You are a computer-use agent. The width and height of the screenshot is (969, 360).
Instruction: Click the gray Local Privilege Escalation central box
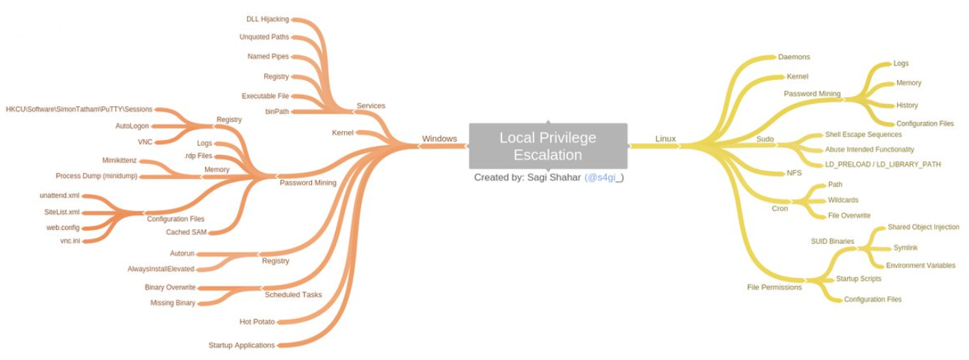pos(548,146)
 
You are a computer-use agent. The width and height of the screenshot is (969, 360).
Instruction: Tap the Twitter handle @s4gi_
pos(604,177)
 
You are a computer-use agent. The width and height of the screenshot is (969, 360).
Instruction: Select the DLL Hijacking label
pos(267,19)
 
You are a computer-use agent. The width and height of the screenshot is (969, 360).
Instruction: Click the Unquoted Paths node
pos(263,37)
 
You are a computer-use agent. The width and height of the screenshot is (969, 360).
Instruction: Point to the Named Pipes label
pos(267,56)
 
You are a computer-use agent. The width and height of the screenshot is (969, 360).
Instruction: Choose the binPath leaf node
pos(276,112)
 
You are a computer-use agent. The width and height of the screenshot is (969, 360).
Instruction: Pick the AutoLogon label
pos(134,126)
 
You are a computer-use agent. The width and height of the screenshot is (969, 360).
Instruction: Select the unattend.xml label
pos(59,195)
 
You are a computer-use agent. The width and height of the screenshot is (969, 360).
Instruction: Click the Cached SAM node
pos(186,232)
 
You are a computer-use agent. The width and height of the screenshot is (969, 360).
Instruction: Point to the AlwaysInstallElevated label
pos(161,269)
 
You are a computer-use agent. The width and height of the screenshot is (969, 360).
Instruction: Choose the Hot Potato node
pos(257,322)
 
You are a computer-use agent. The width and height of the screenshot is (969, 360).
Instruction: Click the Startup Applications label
pos(241,345)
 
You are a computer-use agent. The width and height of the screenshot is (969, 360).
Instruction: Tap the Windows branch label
pos(439,138)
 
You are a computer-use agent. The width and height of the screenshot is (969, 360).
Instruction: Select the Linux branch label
pos(665,138)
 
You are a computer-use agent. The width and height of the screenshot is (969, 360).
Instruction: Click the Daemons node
pos(794,57)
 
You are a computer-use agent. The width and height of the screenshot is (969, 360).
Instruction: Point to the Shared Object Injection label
pos(923,227)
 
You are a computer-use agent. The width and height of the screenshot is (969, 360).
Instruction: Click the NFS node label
pos(794,172)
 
